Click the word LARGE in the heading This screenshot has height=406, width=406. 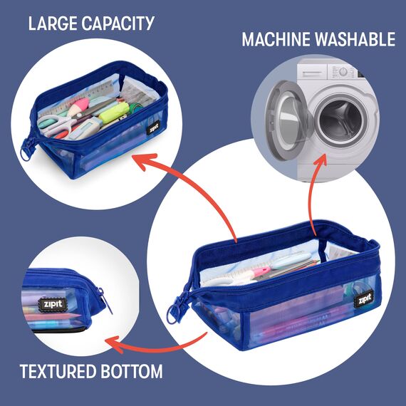[53, 24]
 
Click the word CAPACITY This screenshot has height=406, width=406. [118, 24]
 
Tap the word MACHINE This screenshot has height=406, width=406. [276, 39]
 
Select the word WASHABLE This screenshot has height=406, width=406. [355, 39]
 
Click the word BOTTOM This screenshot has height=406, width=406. [132, 371]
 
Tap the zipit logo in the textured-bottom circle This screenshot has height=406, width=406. [53, 303]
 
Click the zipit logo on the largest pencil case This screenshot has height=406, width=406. [364, 300]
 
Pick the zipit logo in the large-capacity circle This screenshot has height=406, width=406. [153, 127]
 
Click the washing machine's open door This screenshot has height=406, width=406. [288, 120]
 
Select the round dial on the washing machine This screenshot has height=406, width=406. [343, 71]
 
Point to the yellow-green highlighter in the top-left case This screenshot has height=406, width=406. [114, 113]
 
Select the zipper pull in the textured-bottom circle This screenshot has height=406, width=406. [105, 301]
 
